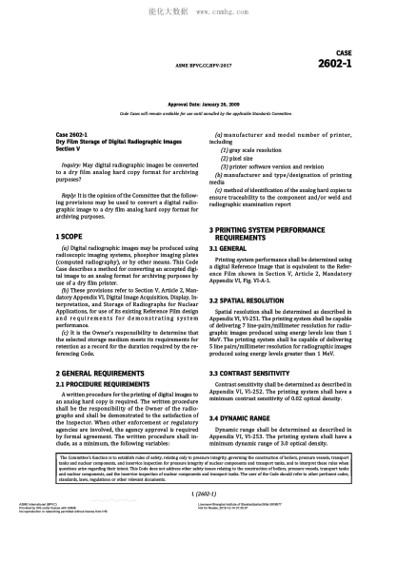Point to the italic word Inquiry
click(x=72, y=164)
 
